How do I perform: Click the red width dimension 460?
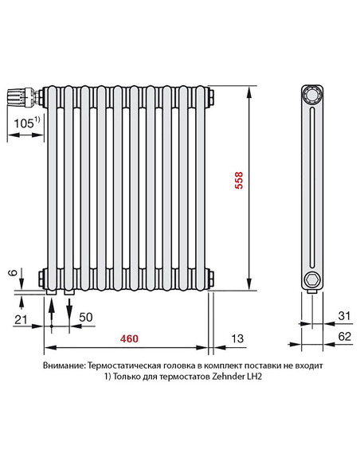[129, 338]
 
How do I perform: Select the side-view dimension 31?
[343, 317]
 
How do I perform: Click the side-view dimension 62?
[343, 338]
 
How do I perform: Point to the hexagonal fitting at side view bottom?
[311, 280]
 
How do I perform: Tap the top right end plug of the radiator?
[210, 96]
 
